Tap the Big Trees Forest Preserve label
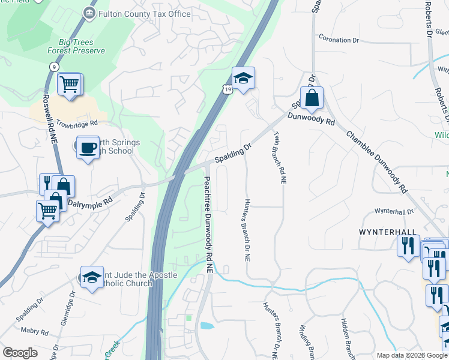pos(82,46)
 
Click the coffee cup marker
pos(88,147)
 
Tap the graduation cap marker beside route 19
pos(243,79)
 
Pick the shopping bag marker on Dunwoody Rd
pos(312,99)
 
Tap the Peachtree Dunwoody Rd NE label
pos(208,226)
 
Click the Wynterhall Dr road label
pos(394,211)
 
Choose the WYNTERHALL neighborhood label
pos(387,231)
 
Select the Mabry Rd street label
pos(33,330)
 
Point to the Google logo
pos(20,353)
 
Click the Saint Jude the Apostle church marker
pos(91,278)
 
